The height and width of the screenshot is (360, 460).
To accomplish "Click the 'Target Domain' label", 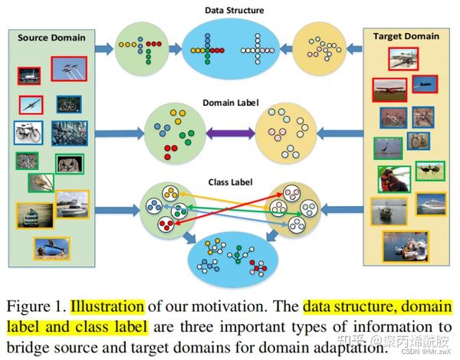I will (x=406, y=36).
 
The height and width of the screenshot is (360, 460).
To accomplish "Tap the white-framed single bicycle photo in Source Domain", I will (x=27, y=132).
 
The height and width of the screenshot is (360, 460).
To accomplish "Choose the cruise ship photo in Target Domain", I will (x=430, y=204).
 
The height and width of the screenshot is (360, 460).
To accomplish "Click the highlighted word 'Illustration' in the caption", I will (x=107, y=307).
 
